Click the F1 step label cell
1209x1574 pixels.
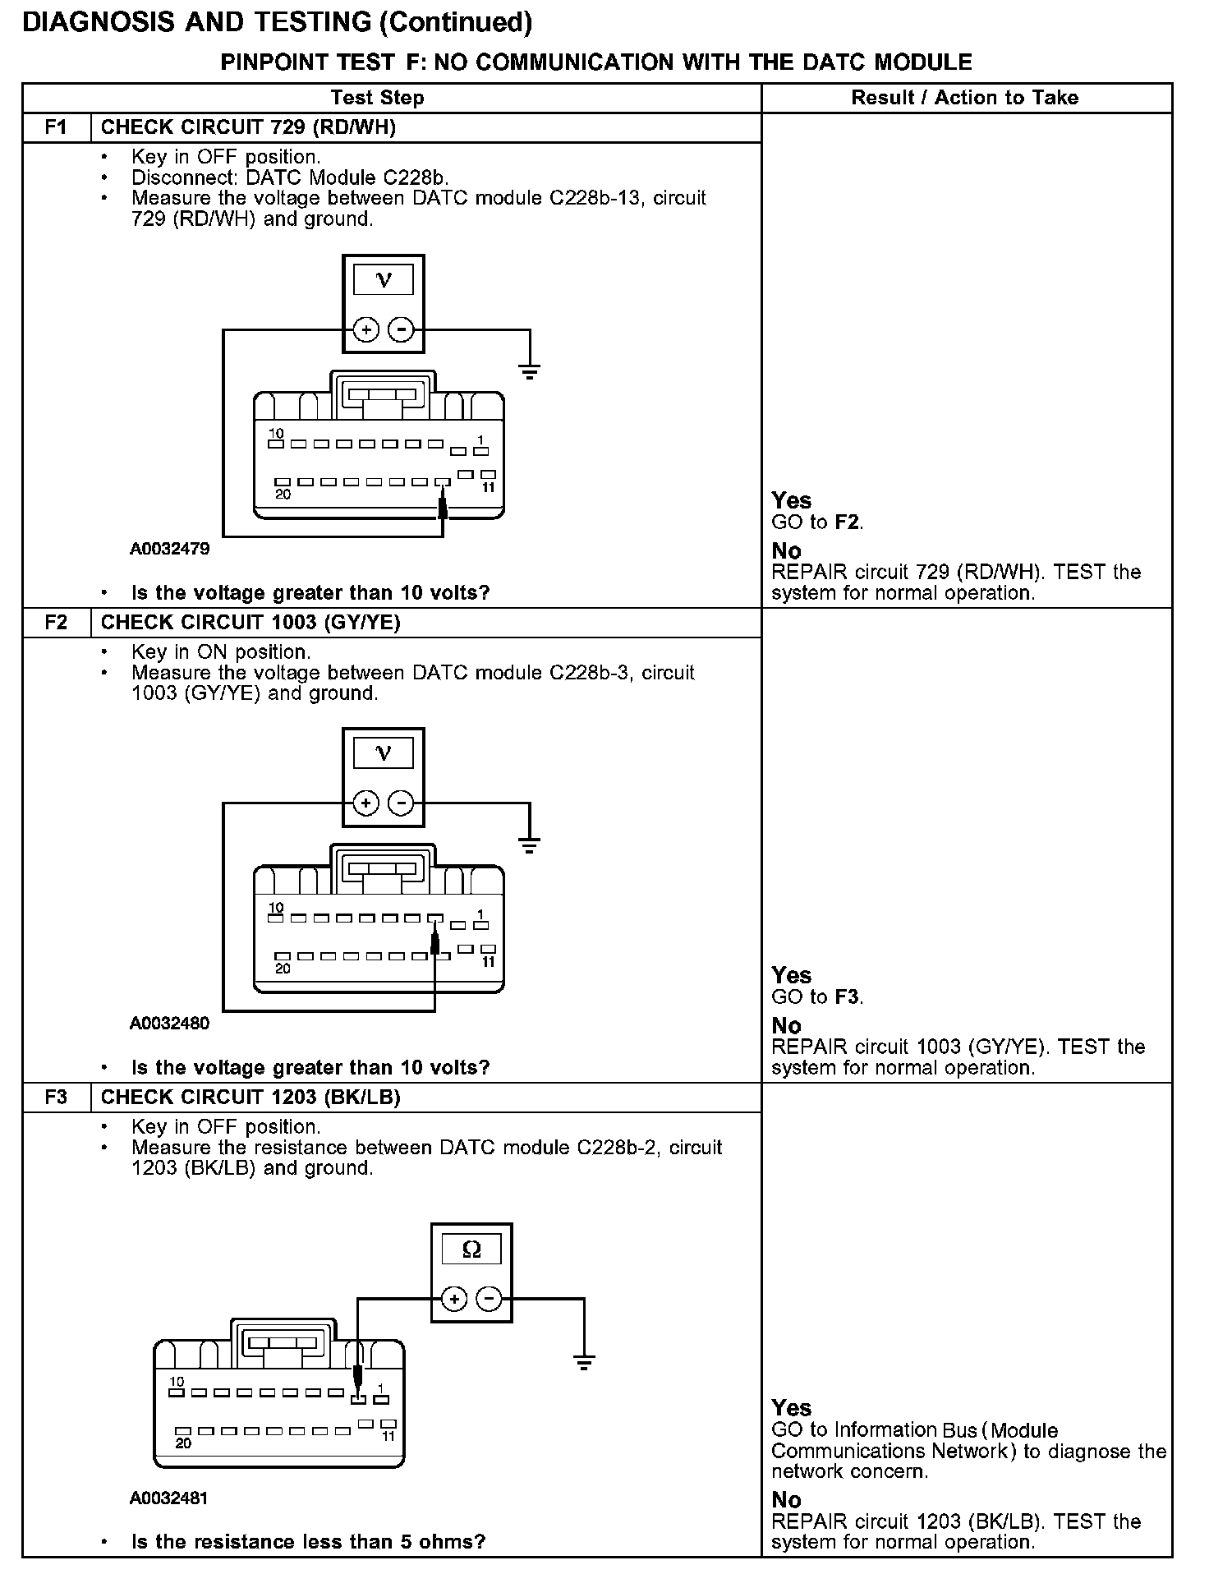pos(56,127)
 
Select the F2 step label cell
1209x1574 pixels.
pos(56,622)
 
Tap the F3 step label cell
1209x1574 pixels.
pos(56,1097)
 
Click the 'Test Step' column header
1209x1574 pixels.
pos(377,98)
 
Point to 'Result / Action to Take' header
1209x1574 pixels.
pos(964,98)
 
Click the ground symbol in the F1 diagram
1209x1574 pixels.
pos(530,371)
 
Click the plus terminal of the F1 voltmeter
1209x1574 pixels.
pos(365,330)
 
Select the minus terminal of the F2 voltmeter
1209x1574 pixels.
pos(401,803)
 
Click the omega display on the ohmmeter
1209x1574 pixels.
pos(471,1250)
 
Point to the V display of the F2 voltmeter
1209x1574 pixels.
pos(383,752)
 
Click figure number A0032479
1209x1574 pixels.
pos(169,549)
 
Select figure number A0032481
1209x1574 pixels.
pos(169,1498)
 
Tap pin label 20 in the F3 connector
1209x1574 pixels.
pos(183,1443)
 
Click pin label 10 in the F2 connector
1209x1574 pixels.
pos(276,908)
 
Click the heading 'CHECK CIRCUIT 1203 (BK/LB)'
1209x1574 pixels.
pos(251,1097)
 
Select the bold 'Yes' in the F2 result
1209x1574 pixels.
pos(791,975)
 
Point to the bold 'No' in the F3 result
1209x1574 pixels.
pos(786,1499)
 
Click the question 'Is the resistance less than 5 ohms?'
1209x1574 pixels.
pos(308,1541)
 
